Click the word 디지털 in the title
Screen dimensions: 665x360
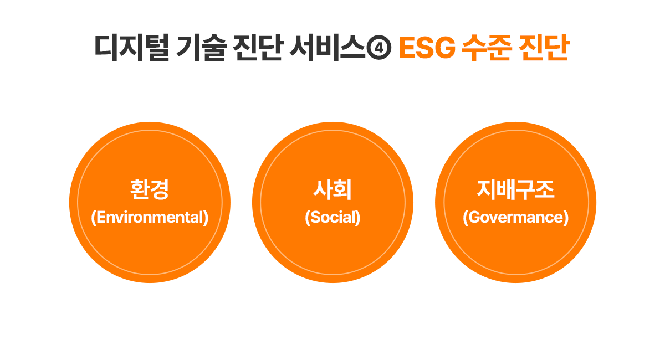[x=132, y=48]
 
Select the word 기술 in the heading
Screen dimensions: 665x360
[x=201, y=48]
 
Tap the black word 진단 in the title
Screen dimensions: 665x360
[x=257, y=48]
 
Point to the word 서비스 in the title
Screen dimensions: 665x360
[x=327, y=48]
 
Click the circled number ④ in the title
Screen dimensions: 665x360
[x=379, y=48]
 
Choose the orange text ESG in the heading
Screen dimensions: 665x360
[x=427, y=48]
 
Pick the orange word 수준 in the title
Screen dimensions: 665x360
[x=487, y=48]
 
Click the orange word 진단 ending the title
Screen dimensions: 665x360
[x=544, y=48]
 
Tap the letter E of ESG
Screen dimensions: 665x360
[x=407, y=48]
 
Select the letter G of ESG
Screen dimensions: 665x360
[x=446, y=48]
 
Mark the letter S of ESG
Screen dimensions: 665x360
[x=426, y=48]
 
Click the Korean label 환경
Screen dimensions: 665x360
[x=150, y=189]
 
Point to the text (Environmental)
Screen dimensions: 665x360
[x=150, y=217]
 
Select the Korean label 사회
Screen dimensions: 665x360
[x=332, y=189]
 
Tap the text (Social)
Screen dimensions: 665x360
[x=332, y=217]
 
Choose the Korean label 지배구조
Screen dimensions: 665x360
[x=515, y=189]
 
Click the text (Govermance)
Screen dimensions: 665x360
[x=516, y=217]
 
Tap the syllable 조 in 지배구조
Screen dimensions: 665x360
[x=545, y=189]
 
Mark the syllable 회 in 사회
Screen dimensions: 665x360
[x=342, y=189]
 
